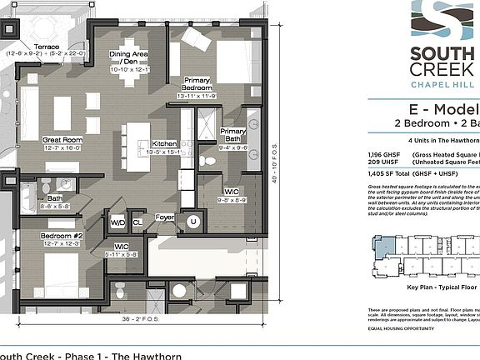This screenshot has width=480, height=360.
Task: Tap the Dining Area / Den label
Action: (128, 61)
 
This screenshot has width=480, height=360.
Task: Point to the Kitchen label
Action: (163, 143)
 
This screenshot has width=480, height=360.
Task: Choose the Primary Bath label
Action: (232, 136)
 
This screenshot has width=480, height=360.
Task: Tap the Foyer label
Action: (164, 218)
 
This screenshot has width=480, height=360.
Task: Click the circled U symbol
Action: (194, 222)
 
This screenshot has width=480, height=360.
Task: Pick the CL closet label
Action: (137, 223)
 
